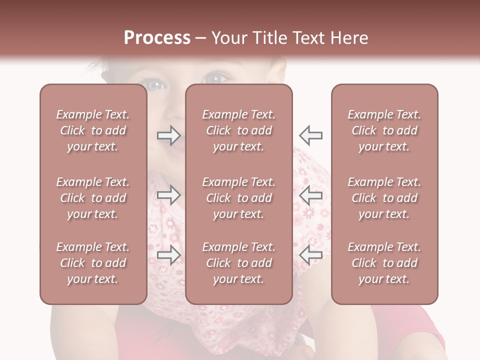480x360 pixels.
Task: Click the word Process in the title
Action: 157,38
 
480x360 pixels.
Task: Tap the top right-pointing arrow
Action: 168,135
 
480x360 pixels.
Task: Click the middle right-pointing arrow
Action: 168,195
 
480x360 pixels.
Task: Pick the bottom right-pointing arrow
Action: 168,255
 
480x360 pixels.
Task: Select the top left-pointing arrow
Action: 310,135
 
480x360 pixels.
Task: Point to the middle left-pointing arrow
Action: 310,195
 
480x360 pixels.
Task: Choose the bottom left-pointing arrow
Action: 310,255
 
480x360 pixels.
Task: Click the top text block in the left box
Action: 93,130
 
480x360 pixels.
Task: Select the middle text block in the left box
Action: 93,198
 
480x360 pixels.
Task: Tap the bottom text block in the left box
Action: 93,263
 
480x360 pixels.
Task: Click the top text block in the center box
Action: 238,130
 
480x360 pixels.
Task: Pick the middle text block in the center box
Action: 238,198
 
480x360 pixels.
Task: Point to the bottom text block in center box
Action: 238,263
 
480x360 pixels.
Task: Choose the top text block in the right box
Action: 384,130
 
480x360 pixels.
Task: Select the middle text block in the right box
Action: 384,198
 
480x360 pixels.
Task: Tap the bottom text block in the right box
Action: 384,263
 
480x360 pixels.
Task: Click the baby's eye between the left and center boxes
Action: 156,85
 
